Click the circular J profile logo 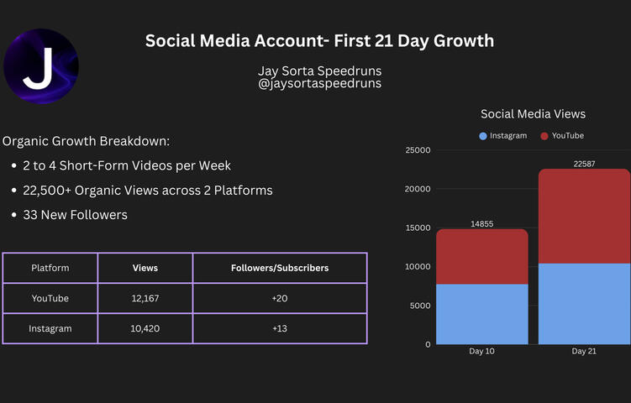[x=41, y=66]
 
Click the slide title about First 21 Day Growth [x=319, y=41]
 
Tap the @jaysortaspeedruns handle [x=319, y=84]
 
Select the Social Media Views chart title [x=533, y=113]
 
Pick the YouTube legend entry [x=562, y=135]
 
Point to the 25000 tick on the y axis [x=417, y=150]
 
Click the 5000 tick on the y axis [x=419, y=306]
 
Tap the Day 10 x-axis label [x=481, y=351]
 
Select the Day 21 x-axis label [x=584, y=351]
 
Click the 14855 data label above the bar [x=481, y=223]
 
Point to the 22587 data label [x=584, y=164]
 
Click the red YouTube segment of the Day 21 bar [x=584, y=216]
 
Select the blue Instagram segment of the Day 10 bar [x=481, y=314]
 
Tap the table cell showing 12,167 [x=145, y=298]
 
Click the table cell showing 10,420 [x=145, y=328]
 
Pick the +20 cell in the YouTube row [x=280, y=298]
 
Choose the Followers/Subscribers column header [x=280, y=268]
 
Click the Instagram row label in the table [x=50, y=328]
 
